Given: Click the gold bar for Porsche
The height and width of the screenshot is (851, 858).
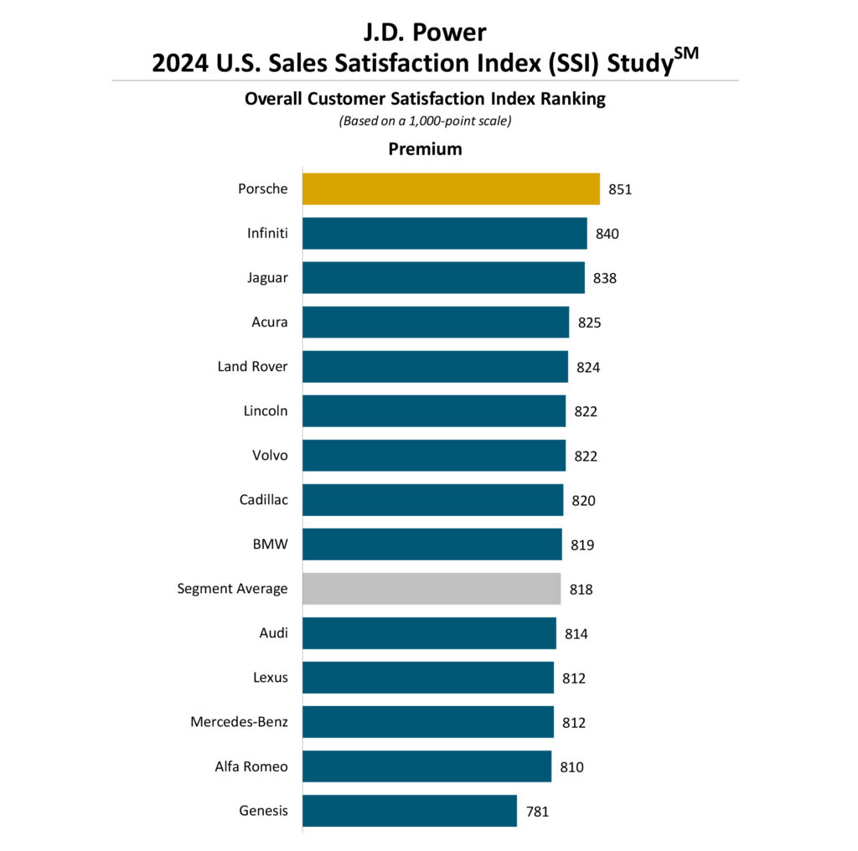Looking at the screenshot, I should [451, 189].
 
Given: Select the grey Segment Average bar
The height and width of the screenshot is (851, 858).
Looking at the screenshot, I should [432, 589].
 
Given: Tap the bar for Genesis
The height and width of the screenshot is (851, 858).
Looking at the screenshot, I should [410, 811].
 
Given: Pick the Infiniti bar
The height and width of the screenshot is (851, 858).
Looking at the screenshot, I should [444, 234].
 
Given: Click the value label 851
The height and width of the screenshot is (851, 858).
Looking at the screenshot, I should [620, 189].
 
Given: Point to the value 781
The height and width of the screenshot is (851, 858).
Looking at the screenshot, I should [537, 811].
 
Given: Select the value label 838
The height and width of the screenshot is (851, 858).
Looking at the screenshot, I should [605, 278].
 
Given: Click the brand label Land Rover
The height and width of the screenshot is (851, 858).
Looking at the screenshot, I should [252, 367].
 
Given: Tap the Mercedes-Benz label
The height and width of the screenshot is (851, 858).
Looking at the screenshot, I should [239, 722].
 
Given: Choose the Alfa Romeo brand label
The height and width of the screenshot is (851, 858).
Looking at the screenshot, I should [251, 766].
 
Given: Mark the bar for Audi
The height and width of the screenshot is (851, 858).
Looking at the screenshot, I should [429, 633].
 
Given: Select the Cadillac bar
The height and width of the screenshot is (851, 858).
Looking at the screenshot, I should [432, 500].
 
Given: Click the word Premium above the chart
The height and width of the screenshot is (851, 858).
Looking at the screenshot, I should [425, 149].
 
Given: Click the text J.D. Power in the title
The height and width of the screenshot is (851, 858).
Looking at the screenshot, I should [425, 32].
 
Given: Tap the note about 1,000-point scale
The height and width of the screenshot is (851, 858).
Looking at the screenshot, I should [425, 121].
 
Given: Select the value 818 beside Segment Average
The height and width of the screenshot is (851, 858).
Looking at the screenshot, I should [581, 589].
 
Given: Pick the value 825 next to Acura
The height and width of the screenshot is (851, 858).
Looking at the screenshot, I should [589, 322].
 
